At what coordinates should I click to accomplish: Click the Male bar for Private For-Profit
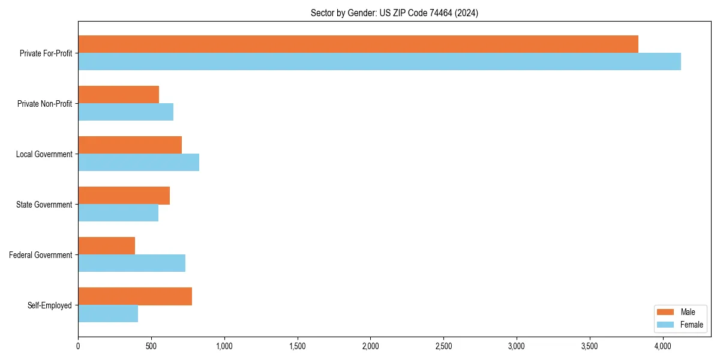(358, 44)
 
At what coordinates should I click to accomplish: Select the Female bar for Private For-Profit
(379, 62)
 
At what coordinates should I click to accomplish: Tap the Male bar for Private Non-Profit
(118, 95)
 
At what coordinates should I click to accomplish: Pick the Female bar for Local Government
(139, 163)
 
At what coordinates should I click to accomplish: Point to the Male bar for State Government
(124, 196)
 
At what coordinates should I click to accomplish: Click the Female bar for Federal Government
(131, 263)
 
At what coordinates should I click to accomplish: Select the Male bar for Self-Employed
(135, 296)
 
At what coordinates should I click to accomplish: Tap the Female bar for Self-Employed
(108, 314)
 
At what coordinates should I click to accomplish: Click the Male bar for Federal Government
(106, 246)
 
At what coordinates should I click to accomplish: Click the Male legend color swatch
(666, 312)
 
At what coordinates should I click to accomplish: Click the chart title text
(394, 13)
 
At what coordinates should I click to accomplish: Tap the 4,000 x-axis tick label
(662, 346)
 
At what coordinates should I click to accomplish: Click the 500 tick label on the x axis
(151, 346)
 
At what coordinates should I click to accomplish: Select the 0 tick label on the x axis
(78, 346)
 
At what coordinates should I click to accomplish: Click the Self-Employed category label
(50, 305)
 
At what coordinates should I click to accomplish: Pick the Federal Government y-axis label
(41, 255)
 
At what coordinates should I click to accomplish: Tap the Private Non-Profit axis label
(44, 104)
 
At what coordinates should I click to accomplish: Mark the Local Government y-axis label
(44, 154)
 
